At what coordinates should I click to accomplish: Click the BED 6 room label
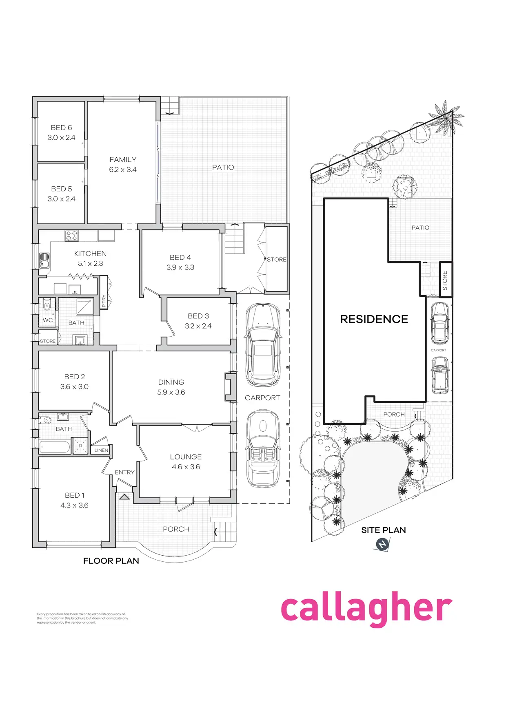[x=61, y=128]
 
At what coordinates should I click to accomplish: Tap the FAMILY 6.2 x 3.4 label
[x=123, y=164]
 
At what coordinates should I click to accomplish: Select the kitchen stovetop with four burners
[x=71, y=236]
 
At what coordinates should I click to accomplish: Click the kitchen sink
[x=44, y=260]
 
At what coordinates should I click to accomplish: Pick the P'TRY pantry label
[x=104, y=301]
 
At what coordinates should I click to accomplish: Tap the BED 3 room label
[x=198, y=316]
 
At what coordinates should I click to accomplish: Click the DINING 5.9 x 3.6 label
[x=171, y=387]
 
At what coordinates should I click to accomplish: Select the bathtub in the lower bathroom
[x=55, y=447]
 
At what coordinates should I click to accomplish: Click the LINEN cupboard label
[x=101, y=450]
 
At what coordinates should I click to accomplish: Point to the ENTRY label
[x=124, y=472]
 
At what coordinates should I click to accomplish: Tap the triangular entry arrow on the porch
[x=124, y=497]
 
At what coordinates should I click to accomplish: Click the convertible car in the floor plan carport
[x=263, y=448]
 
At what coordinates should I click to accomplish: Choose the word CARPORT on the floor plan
[x=262, y=398]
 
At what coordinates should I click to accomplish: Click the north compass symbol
[x=382, y=544]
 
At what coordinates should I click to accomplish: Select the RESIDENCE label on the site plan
[x=374, y=319]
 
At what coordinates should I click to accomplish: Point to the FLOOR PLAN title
[x=111, y=561]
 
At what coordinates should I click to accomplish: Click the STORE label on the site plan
[x=445, y=280]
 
